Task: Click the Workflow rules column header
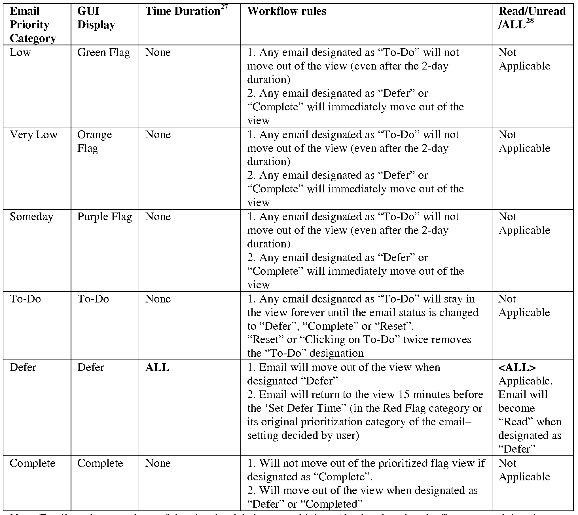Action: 287,11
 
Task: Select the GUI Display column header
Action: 96,18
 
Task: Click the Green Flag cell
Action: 103,52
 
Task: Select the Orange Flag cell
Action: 94,141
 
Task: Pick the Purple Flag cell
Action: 105,217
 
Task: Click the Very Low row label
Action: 33,135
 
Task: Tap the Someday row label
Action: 31,217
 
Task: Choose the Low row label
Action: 20,52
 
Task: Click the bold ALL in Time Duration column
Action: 157,367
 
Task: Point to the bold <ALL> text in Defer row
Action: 517,367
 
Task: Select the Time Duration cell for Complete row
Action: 158,463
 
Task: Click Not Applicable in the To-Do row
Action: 524,306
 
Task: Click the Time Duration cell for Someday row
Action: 158,217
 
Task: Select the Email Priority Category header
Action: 32,25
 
